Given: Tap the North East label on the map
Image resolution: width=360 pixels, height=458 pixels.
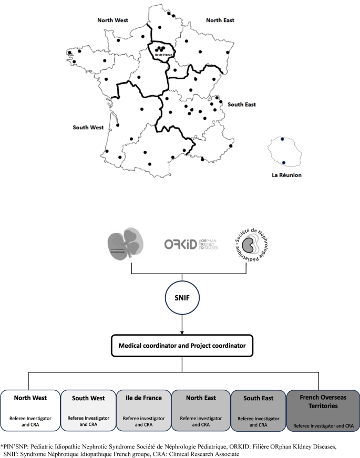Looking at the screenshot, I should click(x=220, y=20).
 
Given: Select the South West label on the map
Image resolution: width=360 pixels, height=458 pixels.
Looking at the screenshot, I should click(x=88, y=127).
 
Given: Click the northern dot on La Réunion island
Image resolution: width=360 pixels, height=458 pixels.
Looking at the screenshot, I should click(x=282, y=139).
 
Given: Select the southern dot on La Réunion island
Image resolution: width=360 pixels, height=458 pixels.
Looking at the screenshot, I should click(x=284, y=163).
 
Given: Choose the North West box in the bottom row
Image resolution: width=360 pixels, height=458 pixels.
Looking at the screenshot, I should click(x=30, y=410).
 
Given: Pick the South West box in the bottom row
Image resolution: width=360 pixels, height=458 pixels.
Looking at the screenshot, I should click(x=88, y=410).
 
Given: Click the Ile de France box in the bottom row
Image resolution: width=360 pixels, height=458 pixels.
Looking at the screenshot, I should click(x=143, y=410).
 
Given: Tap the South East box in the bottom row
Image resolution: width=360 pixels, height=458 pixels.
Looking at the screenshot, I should click(x=258, y=410).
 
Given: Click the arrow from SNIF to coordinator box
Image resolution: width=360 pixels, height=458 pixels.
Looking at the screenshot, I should click(x=181, y=325).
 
